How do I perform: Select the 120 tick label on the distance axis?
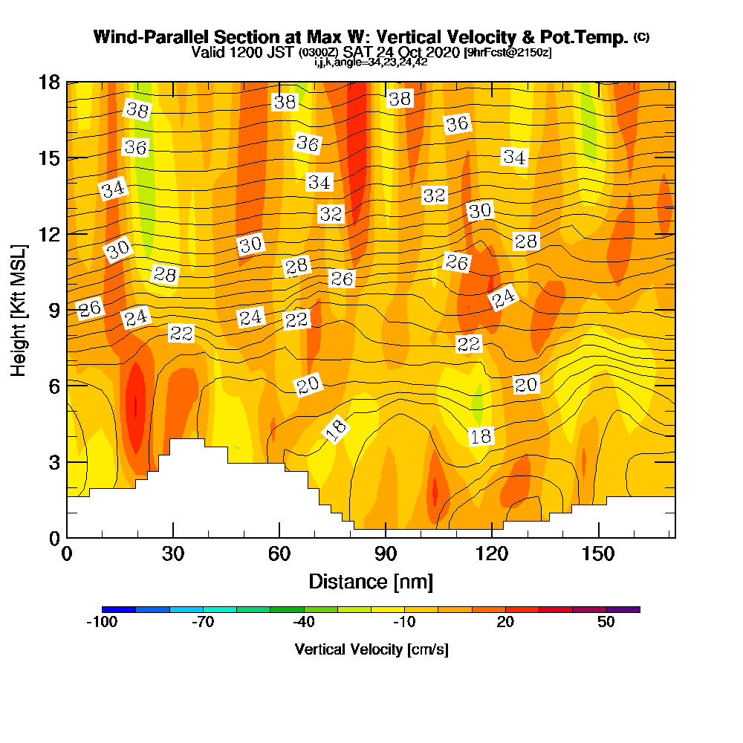[x=492, y=555]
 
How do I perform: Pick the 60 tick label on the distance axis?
[x=279, y=555]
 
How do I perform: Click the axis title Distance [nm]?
[x=371, y=581]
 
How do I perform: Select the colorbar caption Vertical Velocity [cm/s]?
[x=371, y=649]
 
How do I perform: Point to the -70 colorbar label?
[x=203, y=623]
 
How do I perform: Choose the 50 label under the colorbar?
[x=606, y=623]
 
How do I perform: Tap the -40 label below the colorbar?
[x=304, y=623]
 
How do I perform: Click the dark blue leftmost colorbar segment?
[x=119, y=609]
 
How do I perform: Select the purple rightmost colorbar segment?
[x=623, y=609]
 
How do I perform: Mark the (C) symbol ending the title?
[x=642, y=36]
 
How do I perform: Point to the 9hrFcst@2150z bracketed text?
[x=507, y=53]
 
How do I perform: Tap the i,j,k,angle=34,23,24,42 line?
[x=371, y=62]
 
